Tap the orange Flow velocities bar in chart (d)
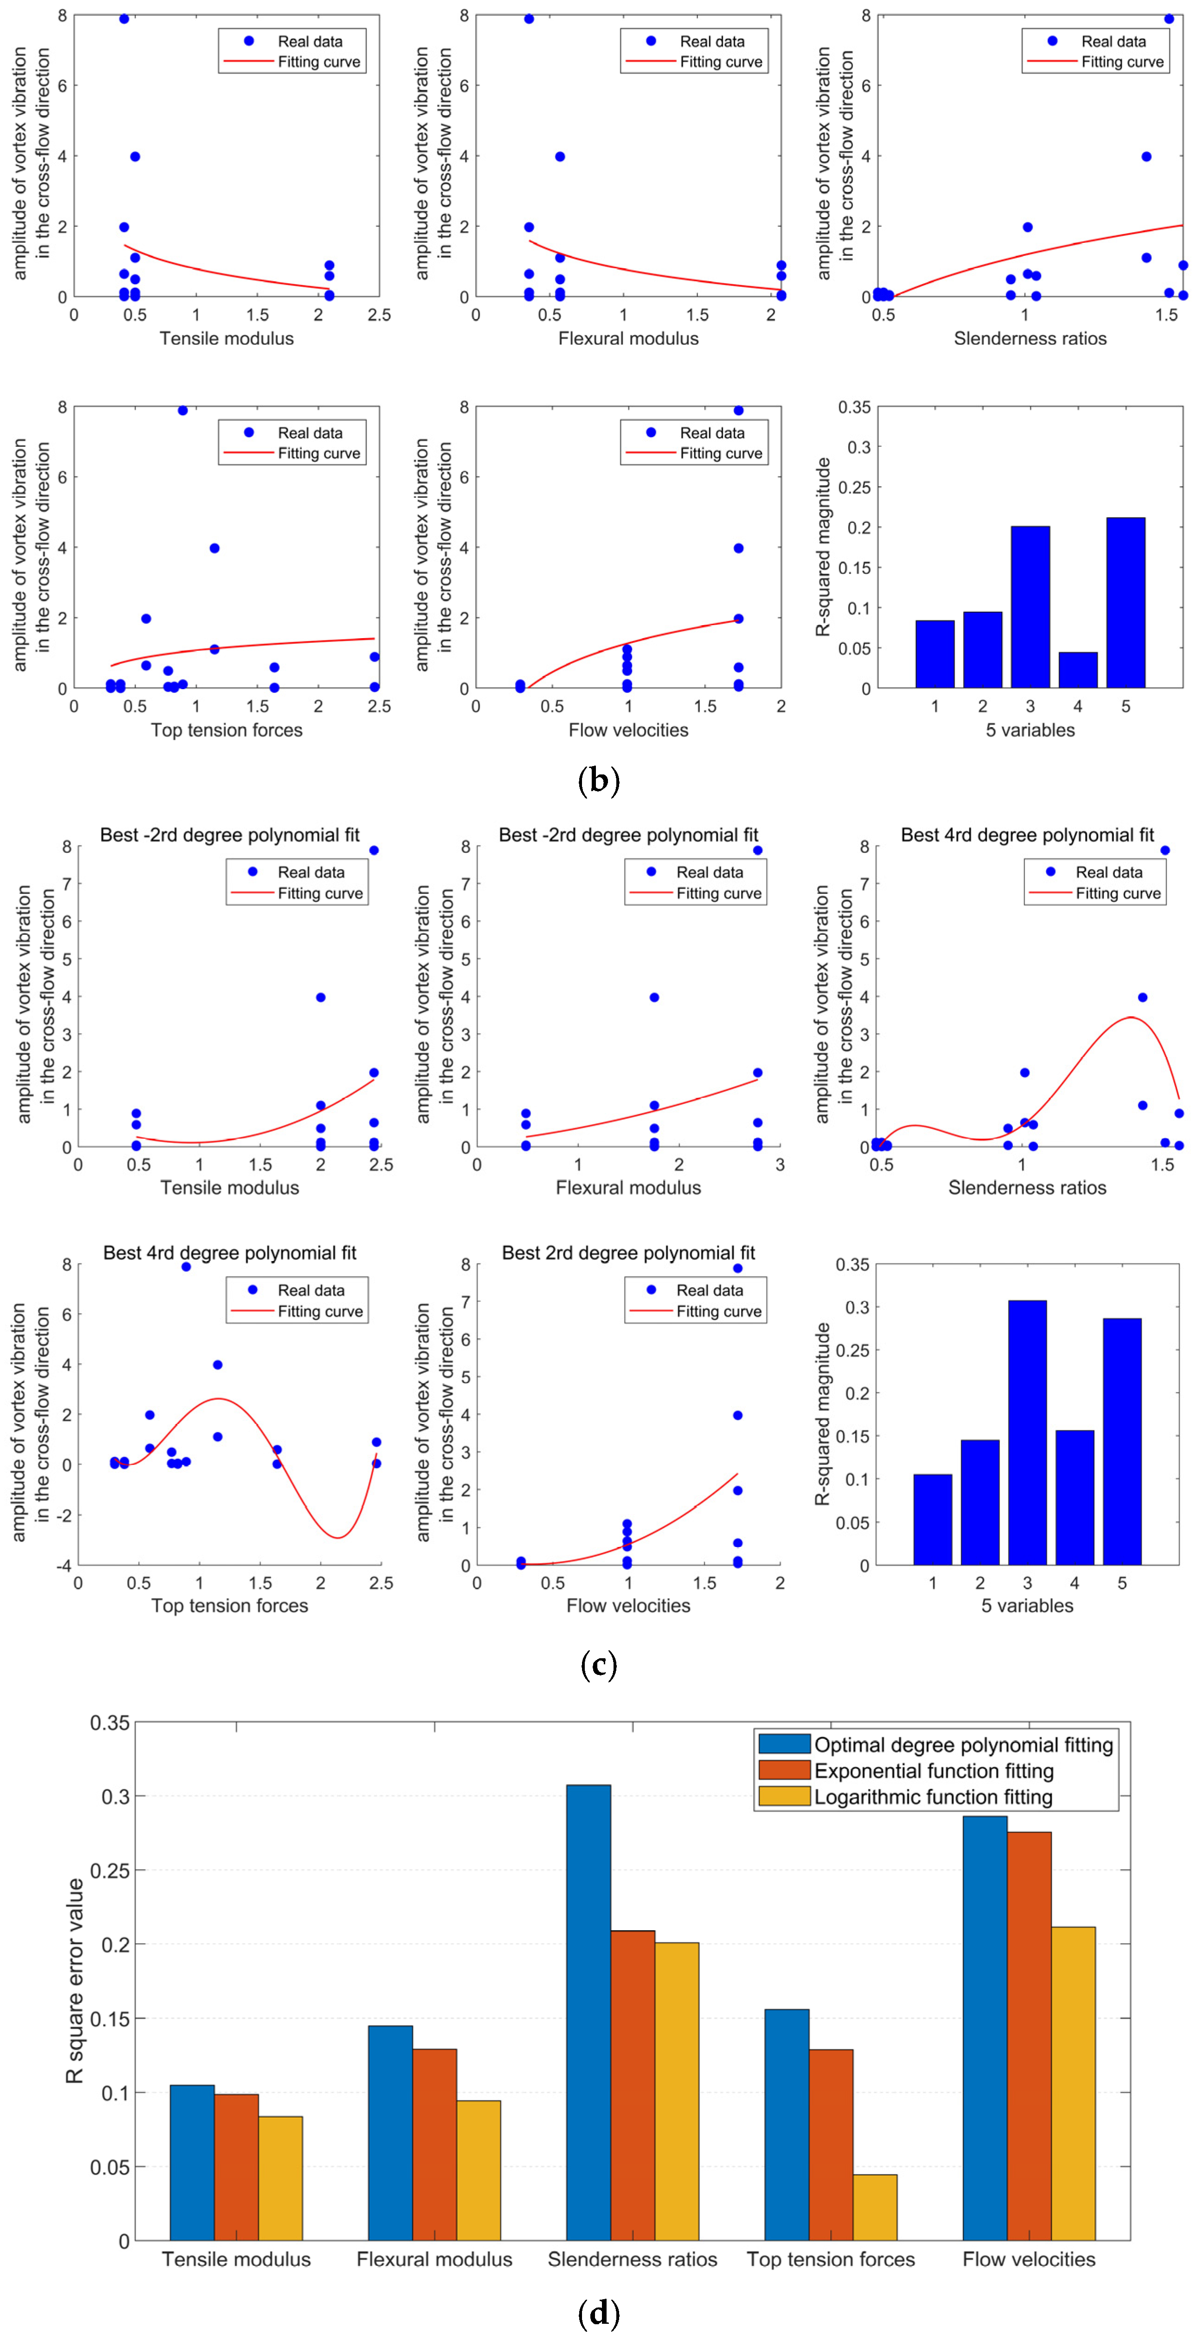pyautogui.click(x=1029, y=2035)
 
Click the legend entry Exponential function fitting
pyautogui.click(x=934, y=1770)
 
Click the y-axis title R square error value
pyautogui.click(x=75, y=1980)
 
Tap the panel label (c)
pyautogui.click(x=598, y=1664)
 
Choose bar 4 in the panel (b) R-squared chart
pyautogui.click(x=1078, y=670)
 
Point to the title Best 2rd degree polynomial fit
pyautogui.click(x=628, y=1253)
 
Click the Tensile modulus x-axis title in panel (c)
pyautogui.click(x=229, y=1187)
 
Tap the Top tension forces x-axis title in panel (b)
pyautogui.click(x=226, y=729)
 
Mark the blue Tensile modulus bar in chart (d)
pyautogui.click(x=192, y=2162)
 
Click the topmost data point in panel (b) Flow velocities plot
pyautogui.click(x=738, y=411)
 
